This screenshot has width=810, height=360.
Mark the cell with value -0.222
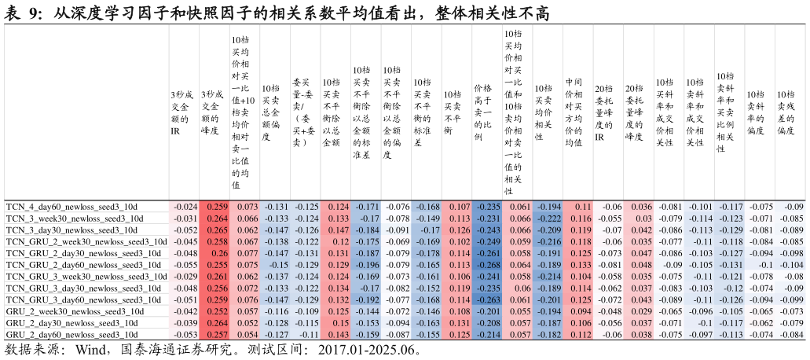[548, 218]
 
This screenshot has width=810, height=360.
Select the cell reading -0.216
[548, 241]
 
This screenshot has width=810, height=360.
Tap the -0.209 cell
[548, 230]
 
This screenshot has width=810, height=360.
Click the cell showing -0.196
[367, 265]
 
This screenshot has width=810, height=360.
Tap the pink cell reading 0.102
[458, 241]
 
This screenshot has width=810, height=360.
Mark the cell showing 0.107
[458, 206]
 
